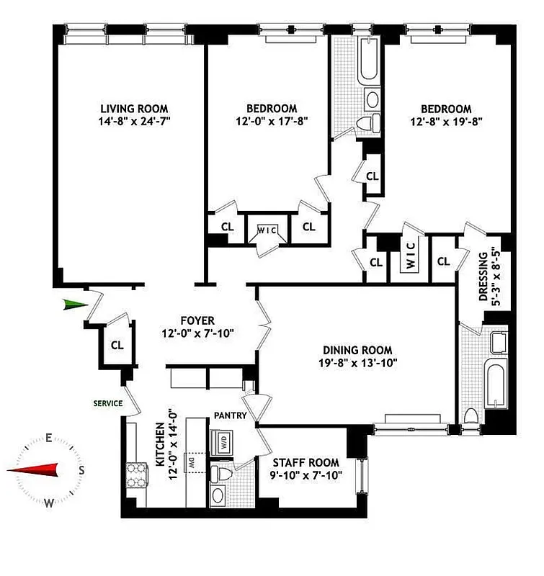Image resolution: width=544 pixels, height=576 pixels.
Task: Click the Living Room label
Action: click(134, 109)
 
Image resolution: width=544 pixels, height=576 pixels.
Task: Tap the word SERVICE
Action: click(109, 403)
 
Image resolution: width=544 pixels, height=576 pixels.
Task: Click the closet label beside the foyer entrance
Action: click(117, 345)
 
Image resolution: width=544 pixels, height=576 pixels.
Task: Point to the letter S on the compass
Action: click(81, 470)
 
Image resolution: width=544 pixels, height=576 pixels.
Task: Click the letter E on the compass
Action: click(48, 438)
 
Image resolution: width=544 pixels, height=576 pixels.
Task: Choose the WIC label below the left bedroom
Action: click(267, 230)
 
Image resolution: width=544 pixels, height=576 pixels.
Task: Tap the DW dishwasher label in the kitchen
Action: click(192, 463)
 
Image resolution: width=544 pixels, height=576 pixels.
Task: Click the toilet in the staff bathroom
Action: click(226, 474)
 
